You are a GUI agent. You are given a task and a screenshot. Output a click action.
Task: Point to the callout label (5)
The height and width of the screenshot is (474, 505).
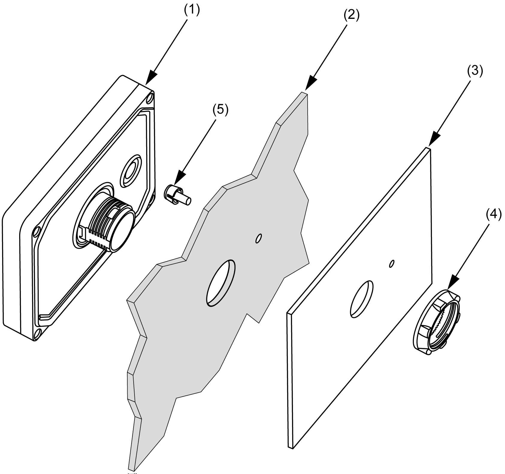220,110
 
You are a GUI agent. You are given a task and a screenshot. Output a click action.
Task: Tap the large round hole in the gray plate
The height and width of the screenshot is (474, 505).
221,283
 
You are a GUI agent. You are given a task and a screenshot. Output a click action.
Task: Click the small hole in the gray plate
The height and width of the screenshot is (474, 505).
258,238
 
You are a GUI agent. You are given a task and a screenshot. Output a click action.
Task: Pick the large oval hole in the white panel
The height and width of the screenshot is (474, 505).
362,298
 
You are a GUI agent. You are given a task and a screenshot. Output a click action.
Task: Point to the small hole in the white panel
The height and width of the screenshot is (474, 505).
391,263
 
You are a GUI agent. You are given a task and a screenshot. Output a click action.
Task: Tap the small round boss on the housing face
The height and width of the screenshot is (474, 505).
131,171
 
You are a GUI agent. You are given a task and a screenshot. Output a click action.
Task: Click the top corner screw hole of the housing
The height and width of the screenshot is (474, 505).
150,98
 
